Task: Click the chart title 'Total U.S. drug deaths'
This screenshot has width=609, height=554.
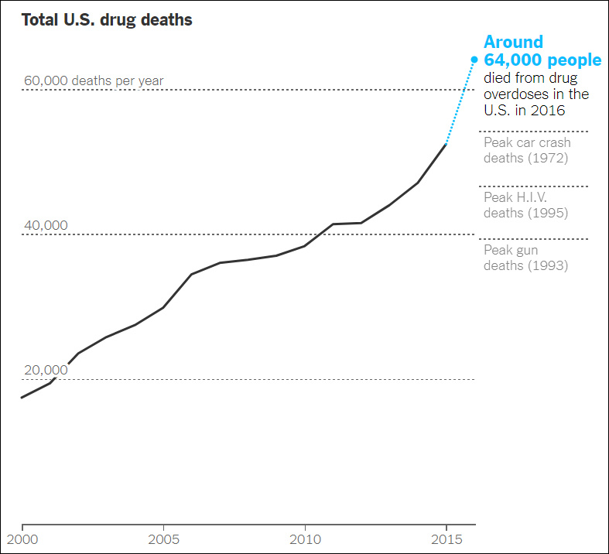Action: (107, 20)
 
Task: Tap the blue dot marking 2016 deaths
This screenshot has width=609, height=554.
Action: (474, 58)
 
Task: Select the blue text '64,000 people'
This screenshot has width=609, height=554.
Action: (542, 60)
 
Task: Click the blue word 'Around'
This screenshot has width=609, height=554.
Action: (513, 42)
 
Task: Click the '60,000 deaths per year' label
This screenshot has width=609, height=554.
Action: (94, 80)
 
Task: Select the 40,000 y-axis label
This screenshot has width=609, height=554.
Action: (46, 225)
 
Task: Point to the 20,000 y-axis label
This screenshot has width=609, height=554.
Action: (46, 370)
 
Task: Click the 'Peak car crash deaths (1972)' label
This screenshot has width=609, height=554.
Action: (527, 151)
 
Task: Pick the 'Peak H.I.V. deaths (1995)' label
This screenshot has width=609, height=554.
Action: (526, 205)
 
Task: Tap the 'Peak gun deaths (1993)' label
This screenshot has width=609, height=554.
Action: (526, 258)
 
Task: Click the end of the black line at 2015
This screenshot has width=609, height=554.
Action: (446, 144)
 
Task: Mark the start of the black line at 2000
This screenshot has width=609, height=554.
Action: (22, 398)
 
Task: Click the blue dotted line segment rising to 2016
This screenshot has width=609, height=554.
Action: (460, 101)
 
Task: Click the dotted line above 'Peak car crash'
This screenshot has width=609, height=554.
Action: (534, 132)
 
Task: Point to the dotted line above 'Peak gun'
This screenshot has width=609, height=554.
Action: (534, 239)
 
